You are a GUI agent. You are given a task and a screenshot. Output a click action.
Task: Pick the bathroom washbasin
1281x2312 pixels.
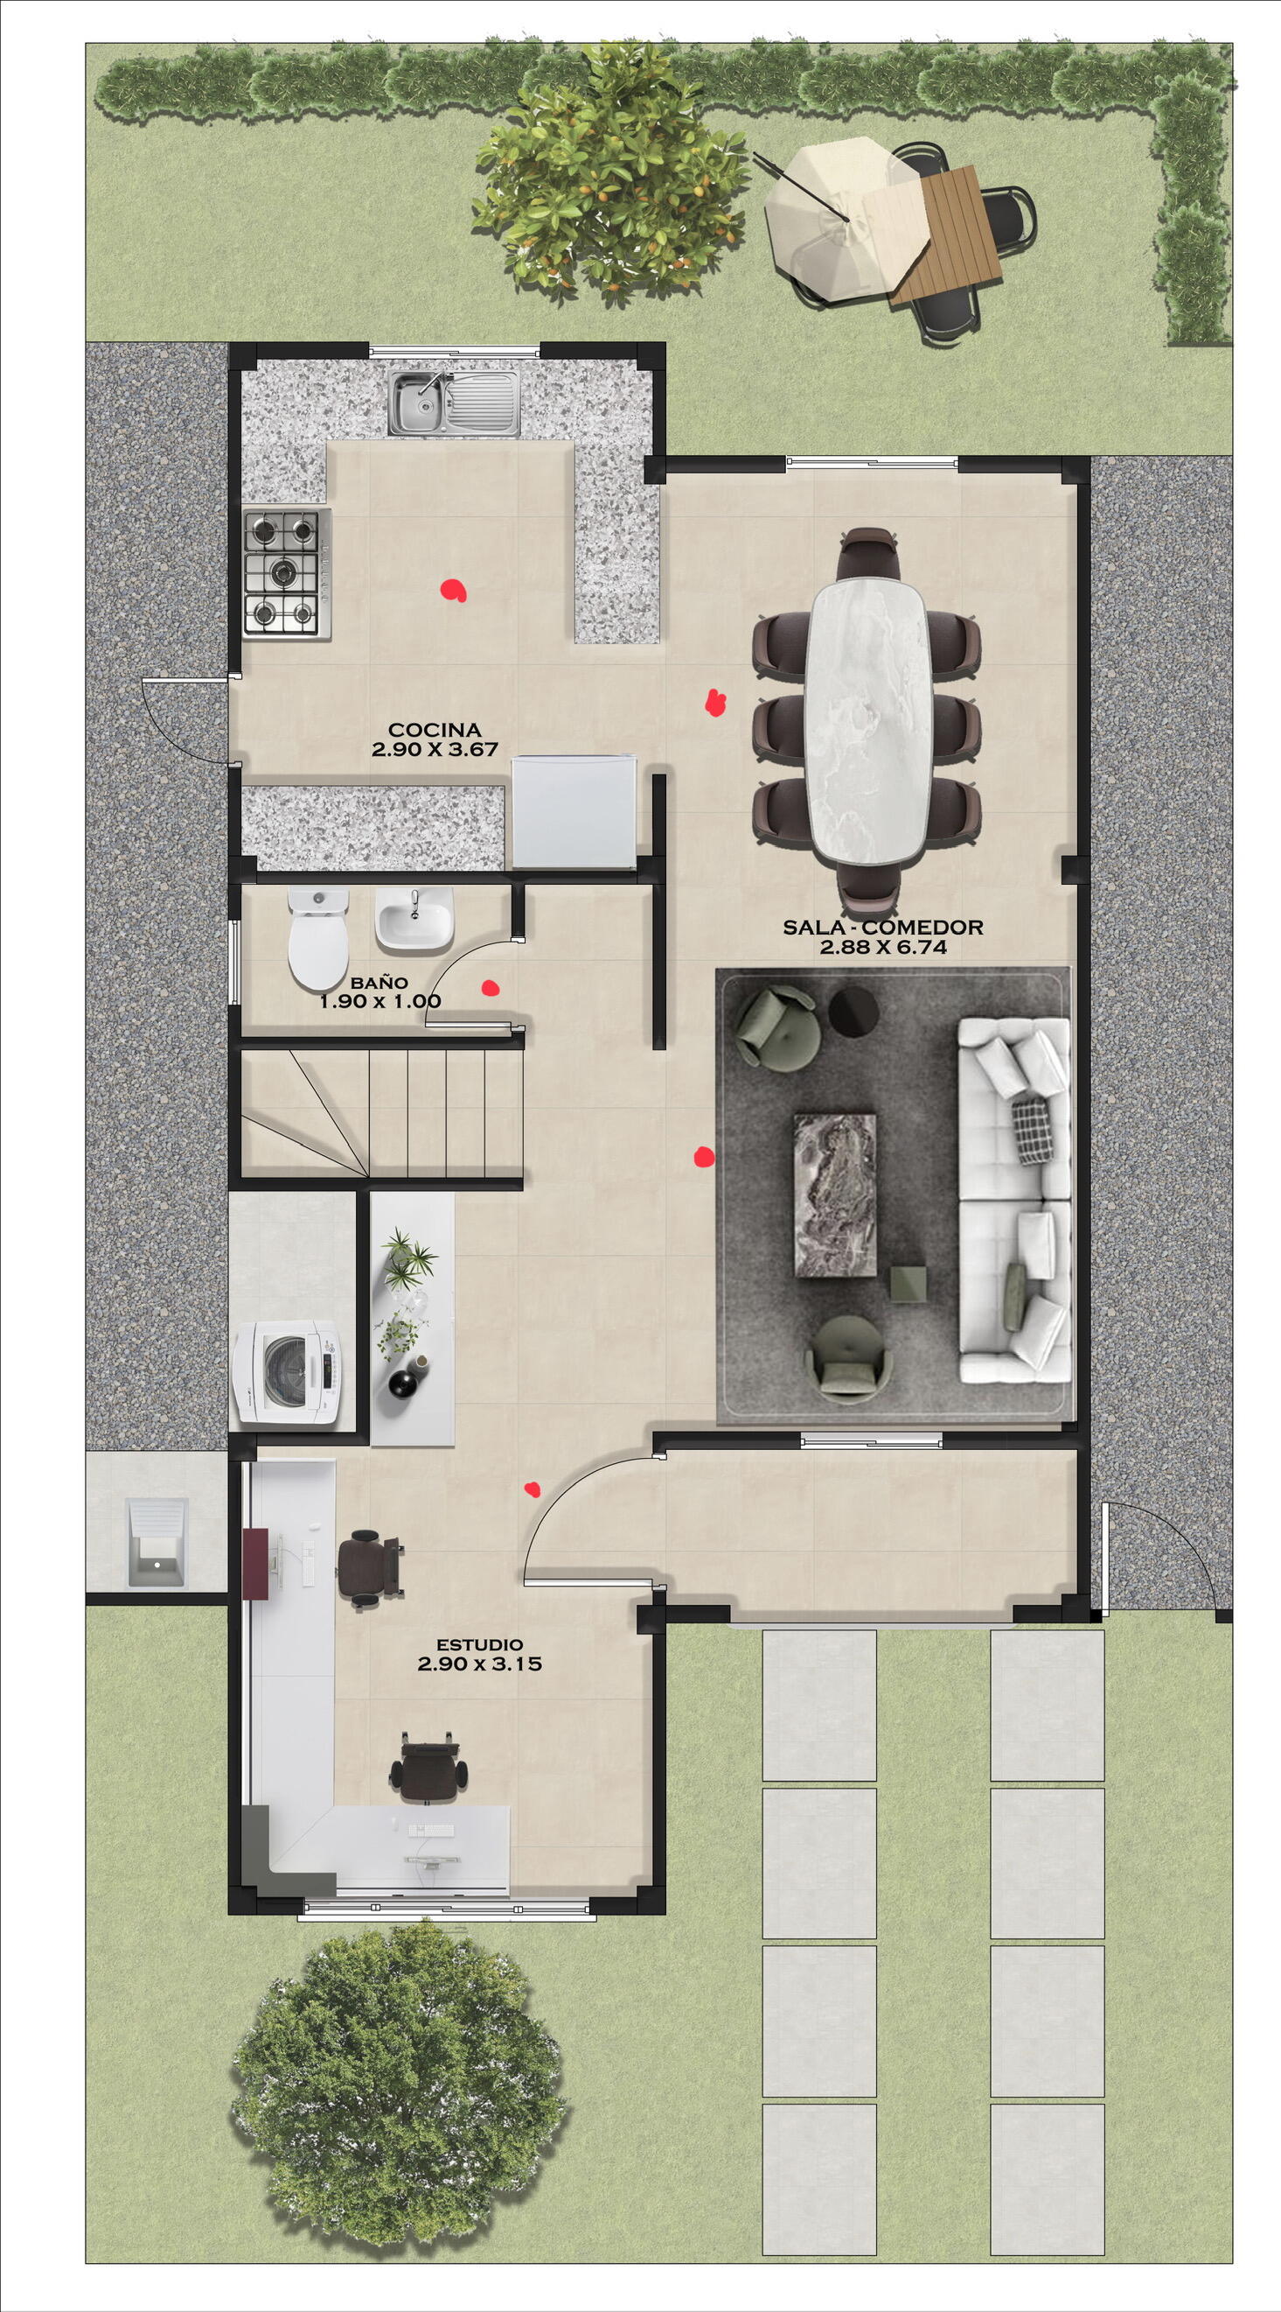(414, 919)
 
